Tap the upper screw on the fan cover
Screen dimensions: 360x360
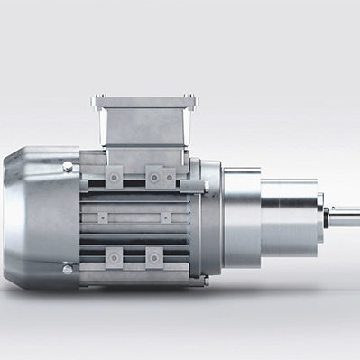pyautogui.click(x=68, y=167)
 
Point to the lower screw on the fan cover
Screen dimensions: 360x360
pyautogui.click(x=68, y=268)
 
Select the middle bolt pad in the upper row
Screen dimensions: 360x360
pyautogui.click(x=155, y=177)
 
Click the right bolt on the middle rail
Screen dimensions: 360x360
pyautogui.click(x=164, y=217)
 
